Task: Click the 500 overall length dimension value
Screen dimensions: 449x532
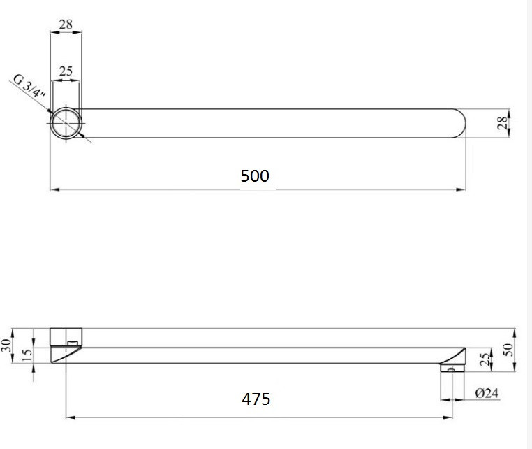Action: pyautogui.click(x=255, y=176)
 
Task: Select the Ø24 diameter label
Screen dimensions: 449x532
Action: pyautogui.click(x=487, y=393)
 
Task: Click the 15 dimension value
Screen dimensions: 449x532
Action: pyautogui.click(x=27, y=355)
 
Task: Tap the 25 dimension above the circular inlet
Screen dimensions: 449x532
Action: pyautogui.click(x=66, y=71)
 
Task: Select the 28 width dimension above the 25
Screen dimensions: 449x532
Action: pyautogui.click(x=66, y=24)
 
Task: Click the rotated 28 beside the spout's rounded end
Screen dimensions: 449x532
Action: pyautogui.click(x=501, y=123)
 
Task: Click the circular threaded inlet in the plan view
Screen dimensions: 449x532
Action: pyautogui.click(x=66, y=124)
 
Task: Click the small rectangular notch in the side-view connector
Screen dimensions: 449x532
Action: pyautogui.click(x=72, y=343)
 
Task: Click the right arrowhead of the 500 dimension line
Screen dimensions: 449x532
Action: pyautogui.click(x=462, y=189)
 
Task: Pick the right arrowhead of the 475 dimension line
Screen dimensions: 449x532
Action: pyautogui.click(x=449, y=418)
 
